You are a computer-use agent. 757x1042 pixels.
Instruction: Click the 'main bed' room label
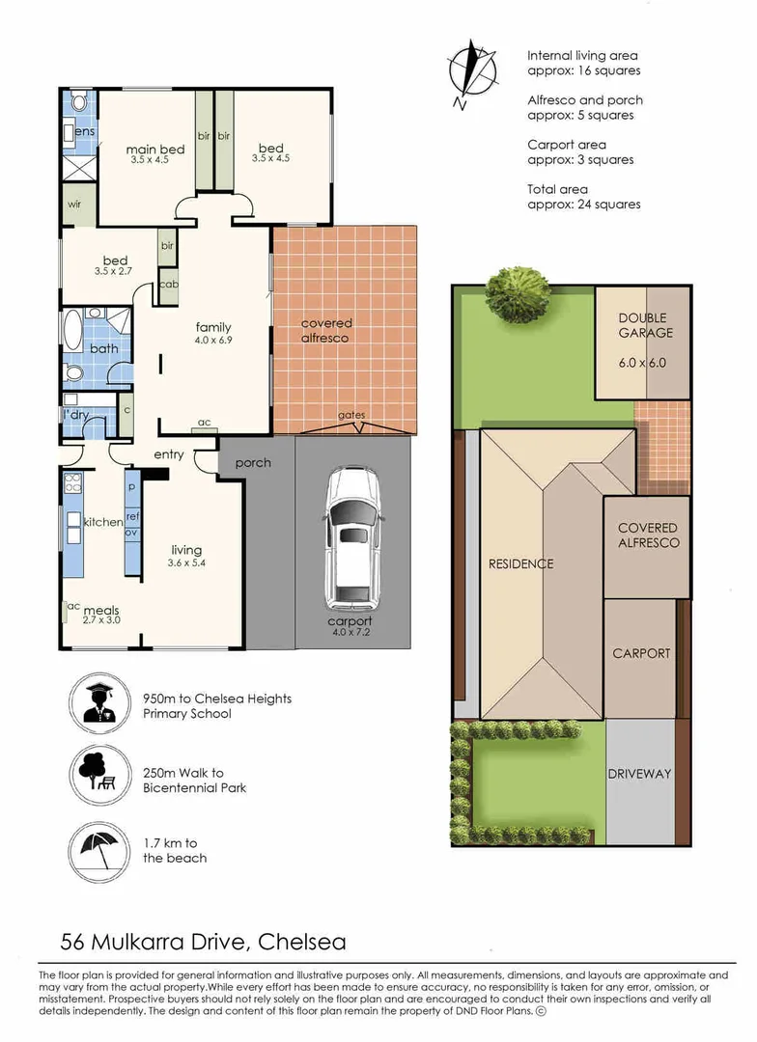pos(155,150)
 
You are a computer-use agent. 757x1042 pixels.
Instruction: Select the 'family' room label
pos(212,328)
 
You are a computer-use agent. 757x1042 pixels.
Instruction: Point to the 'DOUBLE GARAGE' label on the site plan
pos(643,325)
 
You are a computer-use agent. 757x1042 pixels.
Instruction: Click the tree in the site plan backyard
pos(518,288)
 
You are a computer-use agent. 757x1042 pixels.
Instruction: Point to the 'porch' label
pos(253,463)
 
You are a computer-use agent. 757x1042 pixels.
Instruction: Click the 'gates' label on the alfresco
pos(351,416)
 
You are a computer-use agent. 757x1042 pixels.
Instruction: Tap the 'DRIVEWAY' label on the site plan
pos(639,774)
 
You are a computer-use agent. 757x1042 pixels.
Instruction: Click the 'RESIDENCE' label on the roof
pos(521,563)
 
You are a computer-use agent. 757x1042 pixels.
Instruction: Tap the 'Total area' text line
pos(557,189)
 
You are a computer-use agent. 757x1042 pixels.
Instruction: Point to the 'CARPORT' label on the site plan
pos(641,653)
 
